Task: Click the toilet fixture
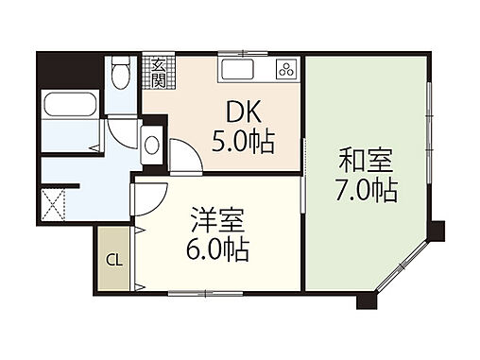point(118,71)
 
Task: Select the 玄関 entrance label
point(157,74)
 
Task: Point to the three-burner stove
point(285,69)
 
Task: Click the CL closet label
point(112,259)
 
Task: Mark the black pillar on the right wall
point(436,230)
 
